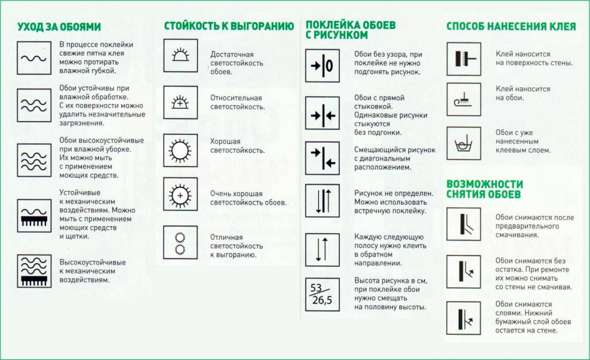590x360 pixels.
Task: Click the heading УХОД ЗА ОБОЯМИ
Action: pyautogui.click(x=59, y=27)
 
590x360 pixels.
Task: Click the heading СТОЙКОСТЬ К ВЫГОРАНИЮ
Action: pyautogui.click(x=229, y=26)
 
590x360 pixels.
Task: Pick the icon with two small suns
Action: pyautogui.click(x=180, y=242)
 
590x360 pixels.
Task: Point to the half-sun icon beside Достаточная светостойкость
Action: pyautogui.click(x=180, y=56)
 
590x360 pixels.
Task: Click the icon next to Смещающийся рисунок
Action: pyautogui.click(x=322, y=158)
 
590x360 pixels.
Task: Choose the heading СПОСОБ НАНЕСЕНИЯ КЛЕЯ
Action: pyautogui.click(x=511, y=27)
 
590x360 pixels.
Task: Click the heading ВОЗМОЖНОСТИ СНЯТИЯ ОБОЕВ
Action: pyautogui.click(x=484, y=189)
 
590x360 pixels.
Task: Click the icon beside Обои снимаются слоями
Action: pyautogui.click(x=463, y=318)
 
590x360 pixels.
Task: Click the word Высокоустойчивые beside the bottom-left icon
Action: pyautogui.click(x=93, y=262)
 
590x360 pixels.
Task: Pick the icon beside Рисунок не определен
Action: pyautogui.click(x=322, y=200)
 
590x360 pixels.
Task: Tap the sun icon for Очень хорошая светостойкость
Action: pyautogui.click(x=180, y=194)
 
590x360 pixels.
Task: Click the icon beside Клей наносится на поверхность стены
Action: pyautogui.click(x=463, y=58)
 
